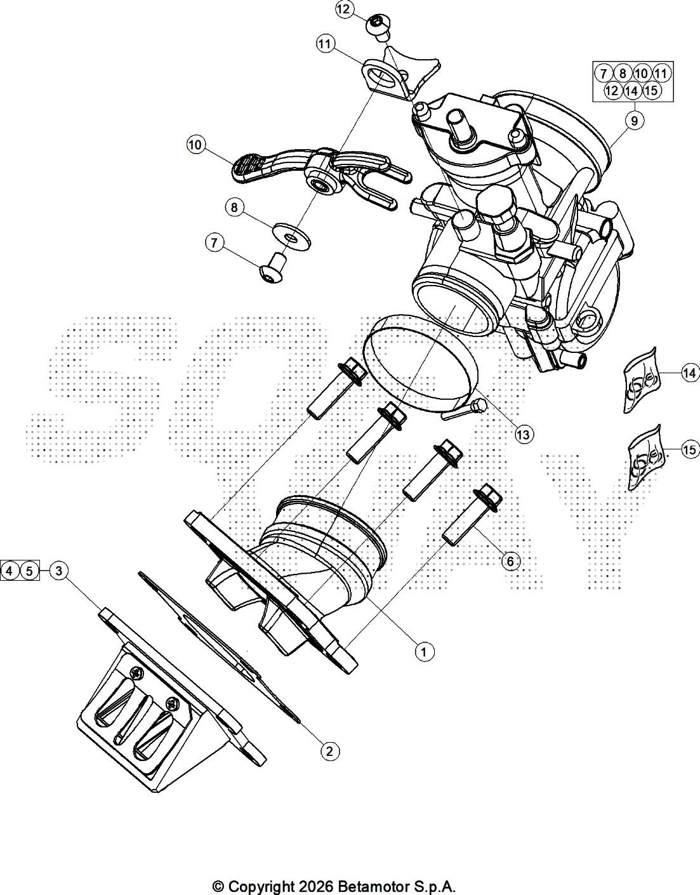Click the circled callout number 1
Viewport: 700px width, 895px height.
click(425, 651)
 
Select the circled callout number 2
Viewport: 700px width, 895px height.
click(329, 752)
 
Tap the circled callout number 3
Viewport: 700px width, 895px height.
click(58, 571)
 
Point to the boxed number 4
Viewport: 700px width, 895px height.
click(10, 571)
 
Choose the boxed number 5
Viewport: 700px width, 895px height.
click(29, 571)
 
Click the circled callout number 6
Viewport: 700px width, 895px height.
click(510, 561)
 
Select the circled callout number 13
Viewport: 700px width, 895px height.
click(524, 435)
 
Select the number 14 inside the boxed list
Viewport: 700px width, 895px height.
click(631, 91)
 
